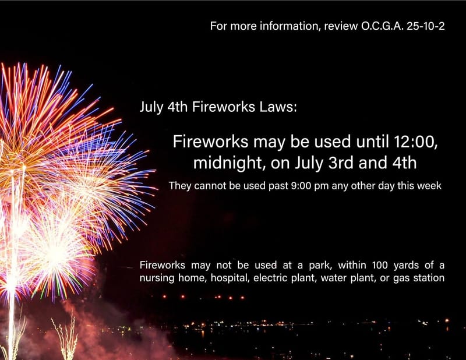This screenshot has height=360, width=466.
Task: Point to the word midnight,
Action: [x=229, y=164]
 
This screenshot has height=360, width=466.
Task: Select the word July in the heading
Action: [x=150, y=108]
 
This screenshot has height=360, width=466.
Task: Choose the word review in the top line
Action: [x=337, y=27]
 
